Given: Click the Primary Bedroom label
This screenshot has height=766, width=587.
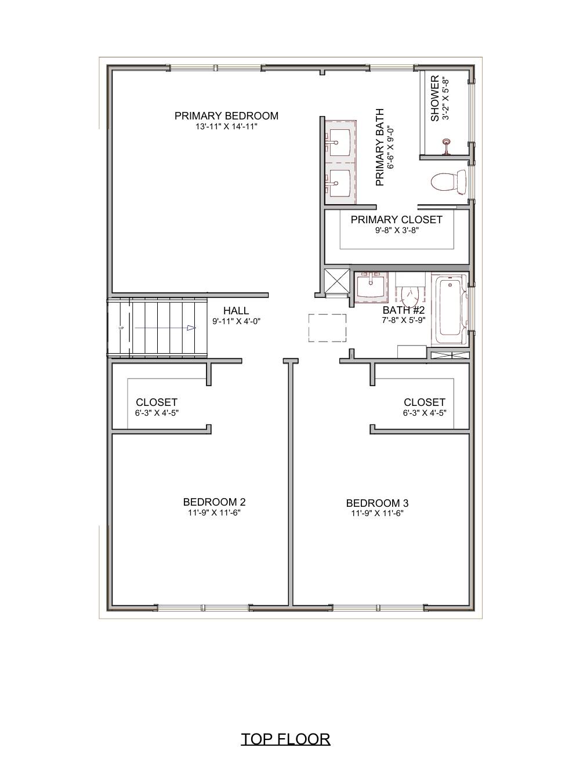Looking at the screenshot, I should (226, 116).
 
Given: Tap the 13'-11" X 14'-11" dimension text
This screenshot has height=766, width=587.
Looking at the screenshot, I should (226, 126).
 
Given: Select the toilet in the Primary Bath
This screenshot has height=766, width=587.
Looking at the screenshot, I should (450, 182).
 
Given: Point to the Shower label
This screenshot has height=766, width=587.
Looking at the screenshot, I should (435, 99).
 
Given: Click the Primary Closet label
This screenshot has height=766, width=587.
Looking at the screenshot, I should (396, 220).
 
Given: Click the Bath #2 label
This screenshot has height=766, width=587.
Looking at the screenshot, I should (404, 310).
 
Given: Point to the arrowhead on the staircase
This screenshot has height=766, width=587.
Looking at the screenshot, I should (191, 328).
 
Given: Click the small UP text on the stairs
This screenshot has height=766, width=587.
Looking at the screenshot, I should (121, 328).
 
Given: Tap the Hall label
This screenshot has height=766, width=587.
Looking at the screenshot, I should (236, 311).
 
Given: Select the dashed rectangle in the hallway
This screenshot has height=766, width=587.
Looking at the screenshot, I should (327, 328).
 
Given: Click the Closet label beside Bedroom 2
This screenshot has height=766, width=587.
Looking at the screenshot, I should (157, 402).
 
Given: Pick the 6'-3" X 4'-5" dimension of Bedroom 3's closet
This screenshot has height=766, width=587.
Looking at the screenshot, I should (425, 413).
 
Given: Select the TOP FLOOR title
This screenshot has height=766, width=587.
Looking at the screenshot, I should (285, 739).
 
